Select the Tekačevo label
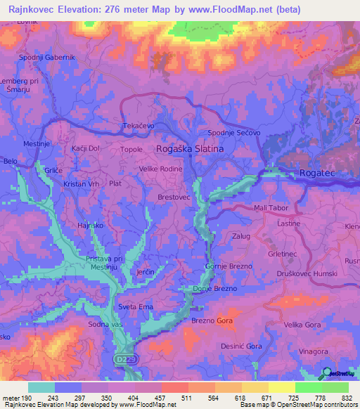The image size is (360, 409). pyautogui.click(x=139, y=125)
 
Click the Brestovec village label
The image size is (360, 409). pyautogui.click(x=174, y=198)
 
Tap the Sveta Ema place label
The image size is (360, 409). pyautogui.click(x=136, y=307)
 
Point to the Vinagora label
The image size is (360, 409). pyautogui.click(x=313, y=351)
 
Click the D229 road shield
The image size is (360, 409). pyautogui.click(x=122, y=358)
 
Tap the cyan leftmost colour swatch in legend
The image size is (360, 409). pyautogui.click(x=41, y=387)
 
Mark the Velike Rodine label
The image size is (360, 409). pyautogui.click(x=160, y=168)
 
